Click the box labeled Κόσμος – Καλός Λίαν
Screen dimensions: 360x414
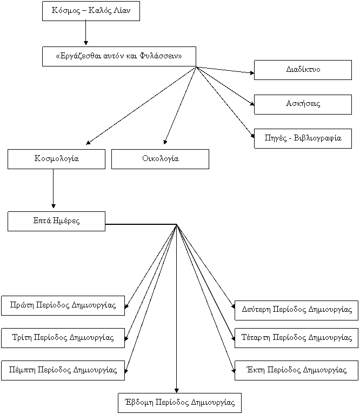pos(91,11)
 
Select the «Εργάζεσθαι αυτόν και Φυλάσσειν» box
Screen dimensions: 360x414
pos(119,57)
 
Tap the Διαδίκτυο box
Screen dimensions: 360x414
pos(303,70)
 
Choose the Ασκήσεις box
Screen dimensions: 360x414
pos(303,104)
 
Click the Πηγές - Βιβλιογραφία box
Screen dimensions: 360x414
pos(303,138)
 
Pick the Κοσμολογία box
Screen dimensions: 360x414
pos(57,159)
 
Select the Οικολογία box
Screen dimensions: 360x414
pos(161,159)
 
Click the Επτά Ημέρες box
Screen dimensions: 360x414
pos(57,221)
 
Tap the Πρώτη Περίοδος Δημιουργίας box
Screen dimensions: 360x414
pos(63,306)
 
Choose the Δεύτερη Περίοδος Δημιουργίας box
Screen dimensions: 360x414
pos(296,310)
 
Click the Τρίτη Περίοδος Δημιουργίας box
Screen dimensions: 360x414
pos(63,338)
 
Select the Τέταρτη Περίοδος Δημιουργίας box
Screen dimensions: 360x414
pos(296,338)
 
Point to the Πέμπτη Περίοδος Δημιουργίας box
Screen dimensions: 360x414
pos(63,370)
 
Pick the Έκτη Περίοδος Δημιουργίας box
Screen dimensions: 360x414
pos(296,370)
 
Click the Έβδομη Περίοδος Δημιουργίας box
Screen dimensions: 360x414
pos(179,403)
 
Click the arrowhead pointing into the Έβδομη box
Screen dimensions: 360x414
pos(177,391)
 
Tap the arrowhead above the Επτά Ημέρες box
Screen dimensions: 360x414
pos(54,206)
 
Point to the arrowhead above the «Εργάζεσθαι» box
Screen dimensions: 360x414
pos(85,43)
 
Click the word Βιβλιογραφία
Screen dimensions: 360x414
pos(317,138)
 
